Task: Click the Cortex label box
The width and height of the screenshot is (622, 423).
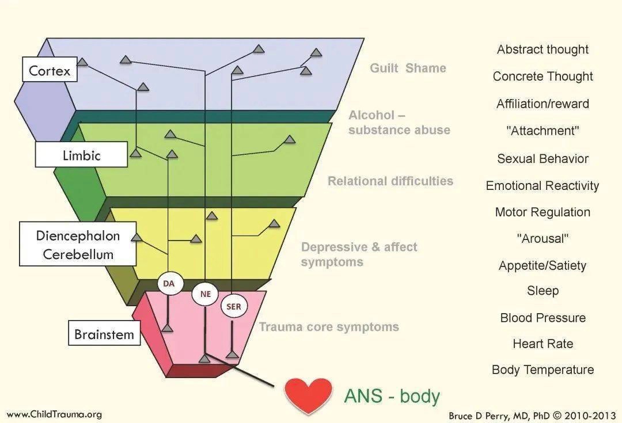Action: [x=50, y=71]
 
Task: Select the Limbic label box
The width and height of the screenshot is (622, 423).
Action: [x=81, y=155]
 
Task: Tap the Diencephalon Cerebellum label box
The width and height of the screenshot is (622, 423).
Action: [x=78, y=244]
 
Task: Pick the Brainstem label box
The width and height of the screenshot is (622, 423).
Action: [x=104, y=334]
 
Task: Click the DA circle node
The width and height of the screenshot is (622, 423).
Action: [x=169, y=283]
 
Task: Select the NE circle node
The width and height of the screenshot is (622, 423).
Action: [x=206, y=294]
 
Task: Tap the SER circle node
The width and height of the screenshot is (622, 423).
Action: [x=234, y=307]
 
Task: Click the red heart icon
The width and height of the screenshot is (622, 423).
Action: [x=308, y=395]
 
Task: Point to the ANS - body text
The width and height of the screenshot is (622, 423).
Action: [x=392, y=396]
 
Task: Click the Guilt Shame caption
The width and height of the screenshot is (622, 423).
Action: [x=408, y=68]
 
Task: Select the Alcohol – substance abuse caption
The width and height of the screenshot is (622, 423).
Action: [x=399, y=123]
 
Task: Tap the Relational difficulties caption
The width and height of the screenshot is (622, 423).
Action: [x=390, y=181]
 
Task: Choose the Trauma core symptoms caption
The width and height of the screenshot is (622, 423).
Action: [x=328, y=327]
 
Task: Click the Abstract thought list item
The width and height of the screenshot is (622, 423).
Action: [x=543, y=49]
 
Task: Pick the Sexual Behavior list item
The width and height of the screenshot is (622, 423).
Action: [x=543, y=159]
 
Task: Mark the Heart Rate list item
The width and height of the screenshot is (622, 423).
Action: [x=543, y=344]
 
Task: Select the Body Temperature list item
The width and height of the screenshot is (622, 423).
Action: [x=543, y=370]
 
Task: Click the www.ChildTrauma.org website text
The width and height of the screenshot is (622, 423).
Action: [x=54, y=414]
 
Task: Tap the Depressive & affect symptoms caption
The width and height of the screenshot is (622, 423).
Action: [x=359, y=254]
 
